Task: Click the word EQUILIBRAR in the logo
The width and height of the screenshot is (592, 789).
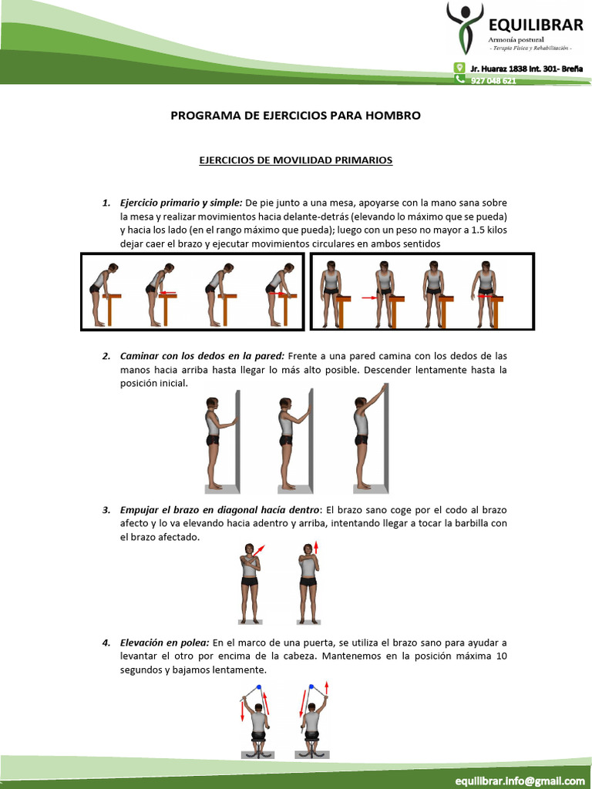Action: point(536,25)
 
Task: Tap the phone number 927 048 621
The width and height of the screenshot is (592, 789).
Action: point(493,80)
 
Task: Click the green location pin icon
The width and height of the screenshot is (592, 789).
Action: point(459,68)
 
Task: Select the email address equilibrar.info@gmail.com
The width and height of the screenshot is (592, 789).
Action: point(520,781)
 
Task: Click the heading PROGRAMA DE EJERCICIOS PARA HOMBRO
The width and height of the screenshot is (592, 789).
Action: point(295,116)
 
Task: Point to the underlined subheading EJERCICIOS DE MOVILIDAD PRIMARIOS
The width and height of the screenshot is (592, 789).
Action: point(295,160)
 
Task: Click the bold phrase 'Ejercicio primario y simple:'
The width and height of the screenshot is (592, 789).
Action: point(181,203)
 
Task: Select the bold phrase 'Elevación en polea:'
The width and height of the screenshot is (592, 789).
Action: point(165,643)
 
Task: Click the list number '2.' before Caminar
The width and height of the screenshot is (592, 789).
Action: point(106,356)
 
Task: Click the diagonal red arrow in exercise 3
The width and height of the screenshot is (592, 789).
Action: point(258,550)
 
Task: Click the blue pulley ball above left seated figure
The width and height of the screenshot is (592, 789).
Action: point(259,687)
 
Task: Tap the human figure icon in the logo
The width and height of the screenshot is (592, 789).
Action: point(465,28)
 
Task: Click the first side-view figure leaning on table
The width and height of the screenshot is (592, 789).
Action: point(103,294)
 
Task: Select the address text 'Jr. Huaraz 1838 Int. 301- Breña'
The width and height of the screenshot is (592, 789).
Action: point(526,69)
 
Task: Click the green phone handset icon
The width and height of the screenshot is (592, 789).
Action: point(459,79)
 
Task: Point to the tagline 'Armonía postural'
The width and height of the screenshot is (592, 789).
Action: point(516,40)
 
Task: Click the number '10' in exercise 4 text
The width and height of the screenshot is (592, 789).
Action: point(501,656)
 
